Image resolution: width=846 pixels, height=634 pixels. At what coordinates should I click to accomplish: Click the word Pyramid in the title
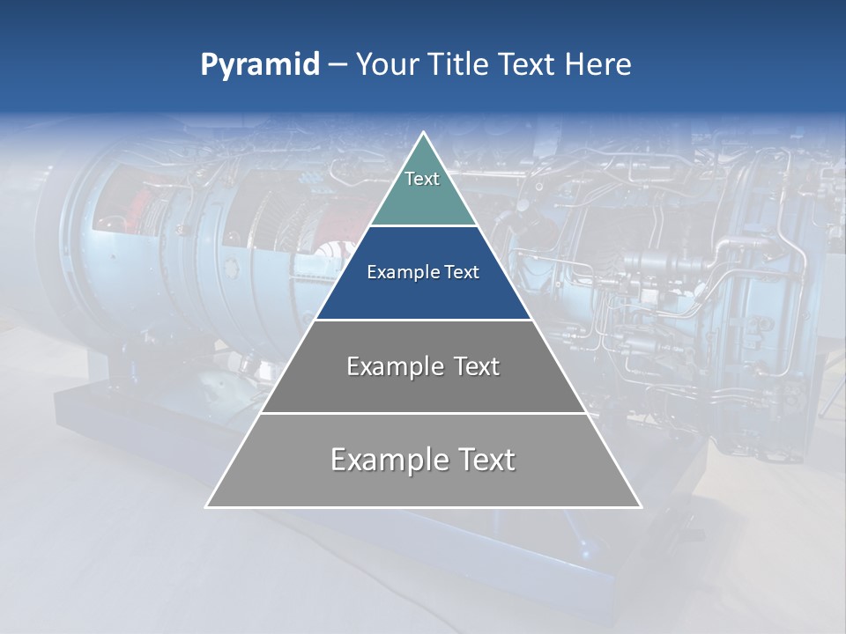260,65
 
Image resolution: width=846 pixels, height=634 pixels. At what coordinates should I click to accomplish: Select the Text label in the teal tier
422,179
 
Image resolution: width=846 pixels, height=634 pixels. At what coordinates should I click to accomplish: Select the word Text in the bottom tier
486,460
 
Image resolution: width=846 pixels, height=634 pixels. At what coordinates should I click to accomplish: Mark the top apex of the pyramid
424,133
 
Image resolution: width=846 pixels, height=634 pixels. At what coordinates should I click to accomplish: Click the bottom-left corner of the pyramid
206,506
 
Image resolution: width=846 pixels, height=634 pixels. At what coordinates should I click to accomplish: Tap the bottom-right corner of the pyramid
641,506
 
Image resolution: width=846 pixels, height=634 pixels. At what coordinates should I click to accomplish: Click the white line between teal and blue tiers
424,226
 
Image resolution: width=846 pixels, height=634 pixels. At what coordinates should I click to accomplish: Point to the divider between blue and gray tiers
424,320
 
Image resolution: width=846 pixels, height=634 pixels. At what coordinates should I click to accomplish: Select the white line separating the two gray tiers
424,413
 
